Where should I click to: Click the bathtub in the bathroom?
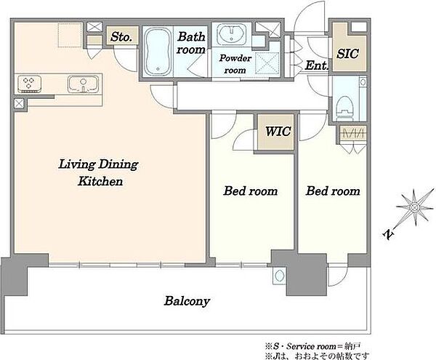click(158, 52)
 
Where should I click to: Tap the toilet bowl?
click(344, 107)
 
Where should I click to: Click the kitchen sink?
click(83, 84)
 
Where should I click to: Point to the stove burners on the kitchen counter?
click(29, 84)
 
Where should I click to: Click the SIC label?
click(347, 53)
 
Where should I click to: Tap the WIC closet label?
click(278, 131)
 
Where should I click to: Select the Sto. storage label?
click(121, 36)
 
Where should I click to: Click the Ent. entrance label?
click(316, 65)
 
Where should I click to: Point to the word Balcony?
click(187, 301)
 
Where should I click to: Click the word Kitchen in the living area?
click(100, 181)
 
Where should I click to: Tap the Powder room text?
click(235, 64)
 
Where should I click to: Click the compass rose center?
click(414, 207)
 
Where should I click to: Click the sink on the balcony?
click(279, 276)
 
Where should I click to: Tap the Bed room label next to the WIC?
click(251, 191)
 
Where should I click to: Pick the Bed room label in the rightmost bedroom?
click(333, 191)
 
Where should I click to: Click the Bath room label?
click(191, 43)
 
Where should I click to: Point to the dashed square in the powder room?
click(267, 63)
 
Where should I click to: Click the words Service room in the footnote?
click(311, 346)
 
